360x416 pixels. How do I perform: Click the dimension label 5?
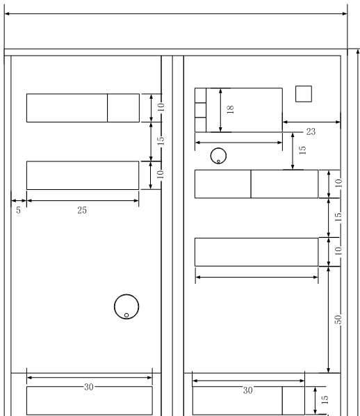18,210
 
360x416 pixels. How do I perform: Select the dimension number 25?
82,210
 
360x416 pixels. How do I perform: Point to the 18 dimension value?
230,109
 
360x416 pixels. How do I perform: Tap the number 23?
311,131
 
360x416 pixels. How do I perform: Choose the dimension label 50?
338,319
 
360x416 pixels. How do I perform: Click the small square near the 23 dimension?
304,94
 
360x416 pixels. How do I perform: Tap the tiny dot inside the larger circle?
126,315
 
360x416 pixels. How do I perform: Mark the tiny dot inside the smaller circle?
218,161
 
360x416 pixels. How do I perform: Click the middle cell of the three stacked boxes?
200,110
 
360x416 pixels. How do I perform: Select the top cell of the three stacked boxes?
200,95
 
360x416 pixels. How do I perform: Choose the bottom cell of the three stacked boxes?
200,125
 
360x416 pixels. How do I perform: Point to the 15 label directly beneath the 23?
302,150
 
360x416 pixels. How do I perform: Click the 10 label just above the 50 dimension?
338,251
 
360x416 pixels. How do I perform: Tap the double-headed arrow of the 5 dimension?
19,200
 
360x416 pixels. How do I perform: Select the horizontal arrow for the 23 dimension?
311,122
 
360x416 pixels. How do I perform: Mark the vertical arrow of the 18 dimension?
220,110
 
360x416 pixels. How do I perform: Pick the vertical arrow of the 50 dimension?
329,320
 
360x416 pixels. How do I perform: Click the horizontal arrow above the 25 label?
83,200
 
